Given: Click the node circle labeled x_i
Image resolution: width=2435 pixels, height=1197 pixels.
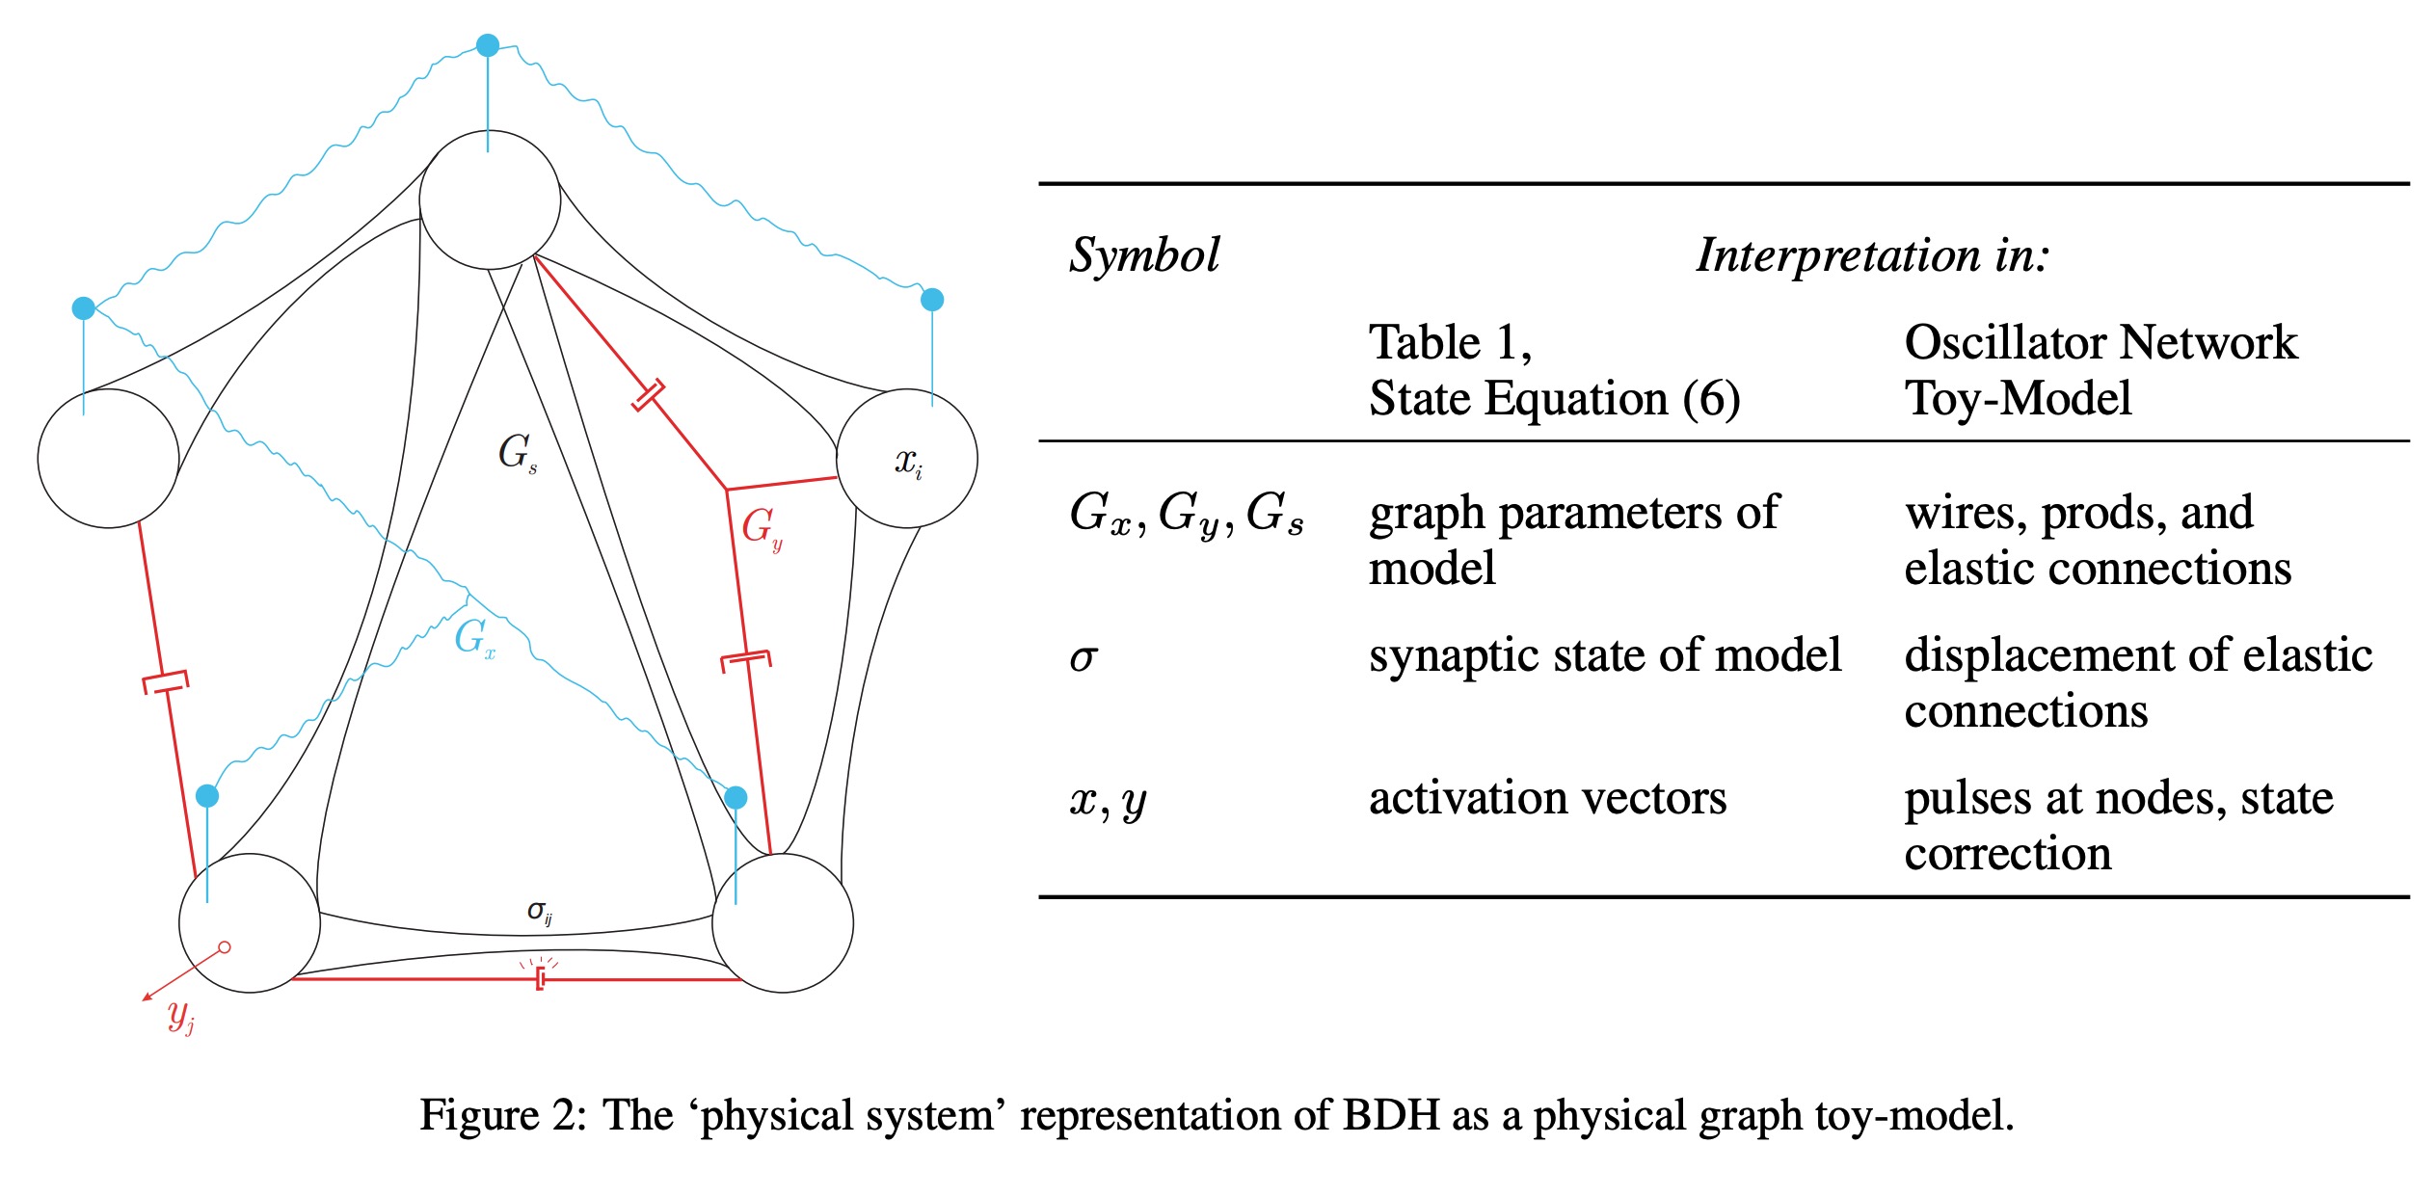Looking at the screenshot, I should pos(906,459).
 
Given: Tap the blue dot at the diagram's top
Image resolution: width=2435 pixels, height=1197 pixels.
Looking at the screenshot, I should pos(488,45).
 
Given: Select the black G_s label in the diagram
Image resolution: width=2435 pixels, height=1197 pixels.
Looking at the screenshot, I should pos(517,452).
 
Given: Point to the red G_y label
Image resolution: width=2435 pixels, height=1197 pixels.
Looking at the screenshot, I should pos(761,528).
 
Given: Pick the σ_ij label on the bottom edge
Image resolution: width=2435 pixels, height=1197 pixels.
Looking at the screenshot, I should pos(539,912).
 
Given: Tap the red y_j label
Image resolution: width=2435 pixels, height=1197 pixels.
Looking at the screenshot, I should pos(180,1016).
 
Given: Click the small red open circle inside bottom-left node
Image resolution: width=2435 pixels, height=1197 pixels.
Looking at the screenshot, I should pos(225,947).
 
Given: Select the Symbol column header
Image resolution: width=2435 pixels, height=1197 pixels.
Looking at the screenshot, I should pos(1144,255).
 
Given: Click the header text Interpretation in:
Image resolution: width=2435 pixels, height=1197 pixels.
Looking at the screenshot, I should pos(1872,255).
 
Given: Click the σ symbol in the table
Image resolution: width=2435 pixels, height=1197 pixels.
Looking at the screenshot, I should pos(1084,657).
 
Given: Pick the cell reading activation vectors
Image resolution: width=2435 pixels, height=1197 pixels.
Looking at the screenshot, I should pos(1547,798).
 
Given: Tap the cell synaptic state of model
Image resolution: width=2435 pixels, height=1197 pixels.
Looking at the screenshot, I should pos(1604,655).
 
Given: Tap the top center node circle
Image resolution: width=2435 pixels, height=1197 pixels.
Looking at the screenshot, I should pos(490,200).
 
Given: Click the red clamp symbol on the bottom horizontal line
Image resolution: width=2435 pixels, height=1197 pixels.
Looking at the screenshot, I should pos(541,979).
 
